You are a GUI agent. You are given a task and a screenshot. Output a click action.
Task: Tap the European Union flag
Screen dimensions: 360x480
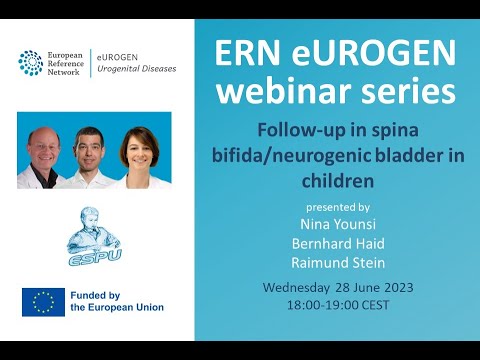[x=43, y=302]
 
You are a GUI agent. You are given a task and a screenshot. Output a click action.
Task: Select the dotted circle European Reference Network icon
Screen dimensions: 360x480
[x=30, y=63]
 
